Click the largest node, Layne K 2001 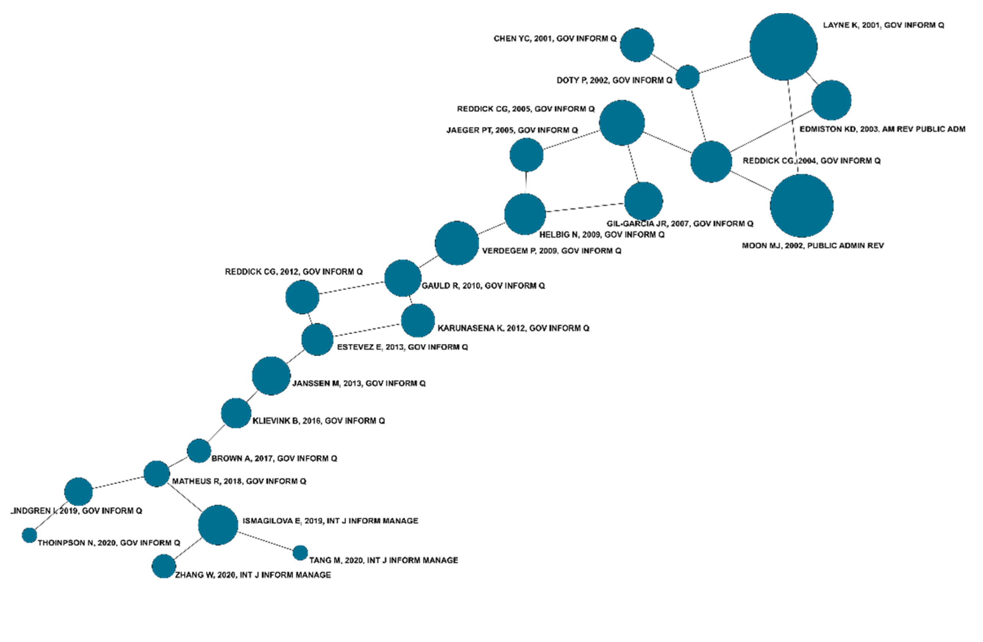783,47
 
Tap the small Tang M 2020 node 300,553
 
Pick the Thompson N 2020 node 29,535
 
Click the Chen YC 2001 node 637,44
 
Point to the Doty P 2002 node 687,77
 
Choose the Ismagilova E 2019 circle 218,525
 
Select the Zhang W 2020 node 164,566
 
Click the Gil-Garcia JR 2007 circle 643,201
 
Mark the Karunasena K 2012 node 418,321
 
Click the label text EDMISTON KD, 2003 882,129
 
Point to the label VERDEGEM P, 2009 551,251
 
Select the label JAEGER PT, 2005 512,131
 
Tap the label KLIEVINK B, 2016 318,421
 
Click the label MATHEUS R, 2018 239,481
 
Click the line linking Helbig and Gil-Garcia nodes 585,208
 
